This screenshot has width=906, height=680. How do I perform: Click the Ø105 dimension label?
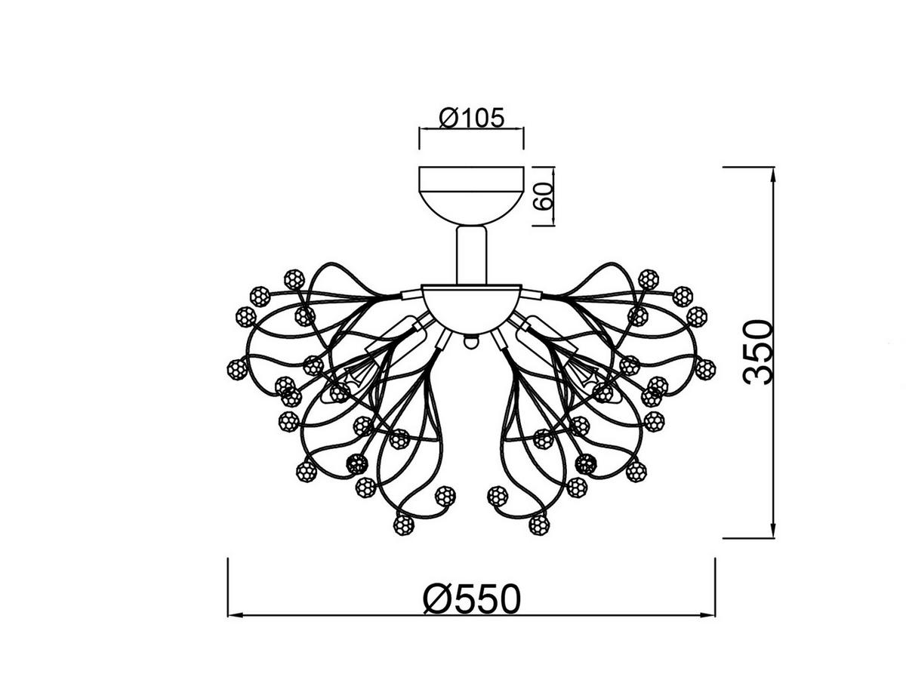coord(471,118)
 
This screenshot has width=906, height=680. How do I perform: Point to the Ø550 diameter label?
coord(472,599)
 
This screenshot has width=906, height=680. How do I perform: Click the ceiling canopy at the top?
coord(471,192)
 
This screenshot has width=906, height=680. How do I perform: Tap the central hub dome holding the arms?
coord(471,306)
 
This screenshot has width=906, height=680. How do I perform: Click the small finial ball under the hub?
coord(471,342)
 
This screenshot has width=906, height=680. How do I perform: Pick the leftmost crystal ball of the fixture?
coord(237,369)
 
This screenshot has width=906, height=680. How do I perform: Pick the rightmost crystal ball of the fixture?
coord(705,369)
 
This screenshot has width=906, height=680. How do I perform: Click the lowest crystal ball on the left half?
coord(404,524)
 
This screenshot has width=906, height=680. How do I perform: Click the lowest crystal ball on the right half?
coord(539,524)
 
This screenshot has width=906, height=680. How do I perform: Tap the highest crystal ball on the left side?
coord(294,278)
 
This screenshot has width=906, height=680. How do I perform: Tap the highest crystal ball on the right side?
coord(648,278)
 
